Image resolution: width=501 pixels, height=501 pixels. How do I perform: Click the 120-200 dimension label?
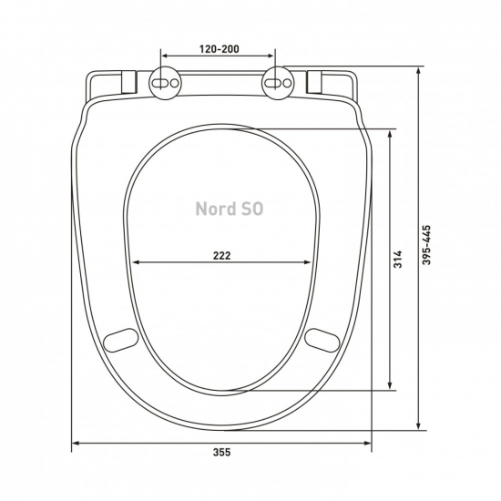pos(220,49)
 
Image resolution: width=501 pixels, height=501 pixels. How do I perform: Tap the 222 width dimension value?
pos(221,256)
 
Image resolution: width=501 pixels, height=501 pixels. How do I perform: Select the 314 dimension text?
pos(397,259)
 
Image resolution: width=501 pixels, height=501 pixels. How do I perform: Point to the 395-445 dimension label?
pos(426,245)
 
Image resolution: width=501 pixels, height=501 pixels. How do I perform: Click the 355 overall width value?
pos(221,452)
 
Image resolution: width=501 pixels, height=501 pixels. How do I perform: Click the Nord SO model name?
pos(230,209)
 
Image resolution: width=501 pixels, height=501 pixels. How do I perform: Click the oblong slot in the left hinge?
pos(160,84)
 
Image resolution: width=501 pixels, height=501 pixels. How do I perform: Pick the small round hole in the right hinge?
pos(287,84)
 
